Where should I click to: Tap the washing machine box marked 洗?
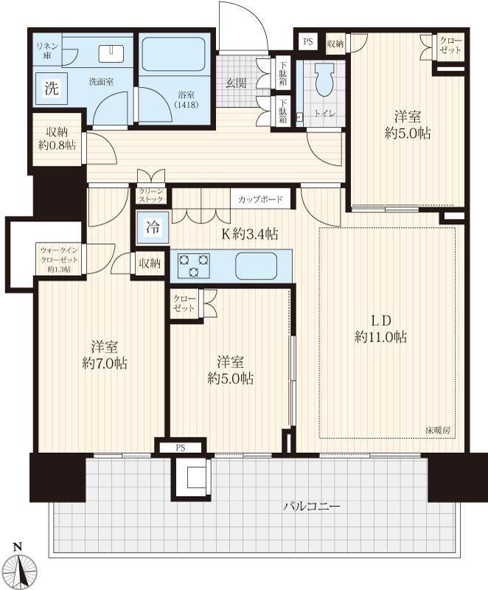click(52, 88)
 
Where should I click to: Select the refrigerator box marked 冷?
click(153, 227)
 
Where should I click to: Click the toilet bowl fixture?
click(324, 78)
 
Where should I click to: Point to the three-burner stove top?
click(193, 265)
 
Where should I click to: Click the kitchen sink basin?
click(256, 265)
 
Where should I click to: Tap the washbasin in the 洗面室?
click(111, 53)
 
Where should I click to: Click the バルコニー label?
click(312, 506)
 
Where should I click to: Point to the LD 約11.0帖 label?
click(381, 329)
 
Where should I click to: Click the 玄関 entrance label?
click(236, 83)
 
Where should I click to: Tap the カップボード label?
click(260, 199)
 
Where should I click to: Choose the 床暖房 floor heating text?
click(438, 431)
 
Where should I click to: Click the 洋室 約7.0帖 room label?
click(105, 355)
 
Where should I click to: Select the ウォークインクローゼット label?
click(59, 260)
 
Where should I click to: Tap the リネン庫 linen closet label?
click(47, 50)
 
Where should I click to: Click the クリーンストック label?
click(150, 195)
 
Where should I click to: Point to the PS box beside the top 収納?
click(308, 42)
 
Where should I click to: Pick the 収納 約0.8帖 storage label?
click(57, 139)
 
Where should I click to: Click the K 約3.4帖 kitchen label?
click(250, 235)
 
